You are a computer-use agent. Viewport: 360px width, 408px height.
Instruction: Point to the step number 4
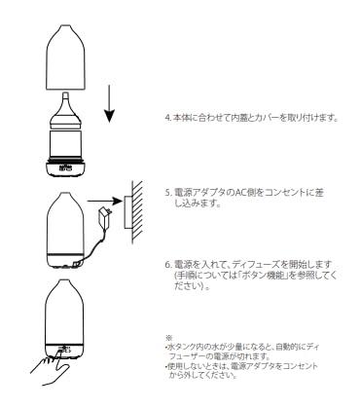pyautogui.click(x=167, y=117)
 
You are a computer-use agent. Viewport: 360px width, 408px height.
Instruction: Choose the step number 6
pyautogui.click(x=167, y=263)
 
